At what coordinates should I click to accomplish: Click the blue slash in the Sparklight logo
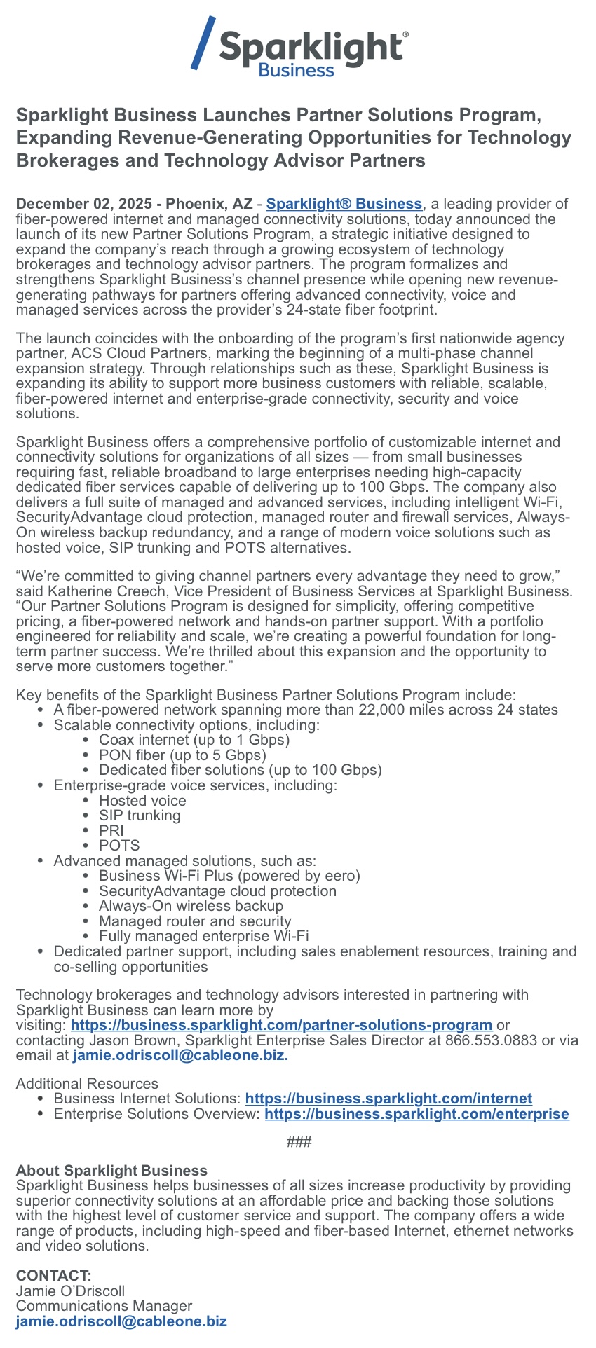coord(203,43)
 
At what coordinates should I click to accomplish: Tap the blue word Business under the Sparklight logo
coord(296,70)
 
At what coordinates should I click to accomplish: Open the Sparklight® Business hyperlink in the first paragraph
coord(344,204)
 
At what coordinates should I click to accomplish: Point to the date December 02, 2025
coord(84,204)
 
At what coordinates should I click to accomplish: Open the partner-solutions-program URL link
coord(281,1025)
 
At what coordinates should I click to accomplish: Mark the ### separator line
coord(299,1142)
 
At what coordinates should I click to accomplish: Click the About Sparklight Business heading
coord(111,1171)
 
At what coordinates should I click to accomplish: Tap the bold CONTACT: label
coord(53,1275)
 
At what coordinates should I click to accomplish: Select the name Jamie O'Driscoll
coord(70,1291)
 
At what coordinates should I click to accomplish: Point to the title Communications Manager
coord(104,1306)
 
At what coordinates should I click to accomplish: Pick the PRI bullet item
coord(111,830)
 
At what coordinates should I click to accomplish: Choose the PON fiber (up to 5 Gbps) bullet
coord(182,755)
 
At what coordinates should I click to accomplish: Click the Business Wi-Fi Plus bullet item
coord(229,876)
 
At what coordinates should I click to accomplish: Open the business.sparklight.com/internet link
coord(388,1099)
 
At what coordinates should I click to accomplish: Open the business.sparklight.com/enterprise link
coord(416,1114)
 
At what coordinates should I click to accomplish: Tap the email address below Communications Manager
coord(121,1321)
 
